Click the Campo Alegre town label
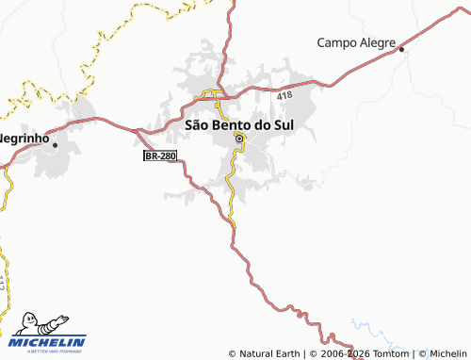354,42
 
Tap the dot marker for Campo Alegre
401,49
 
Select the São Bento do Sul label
238,124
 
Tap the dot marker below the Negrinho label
55,145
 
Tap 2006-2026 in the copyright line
344,354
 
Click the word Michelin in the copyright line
447,354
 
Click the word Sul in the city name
281,124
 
